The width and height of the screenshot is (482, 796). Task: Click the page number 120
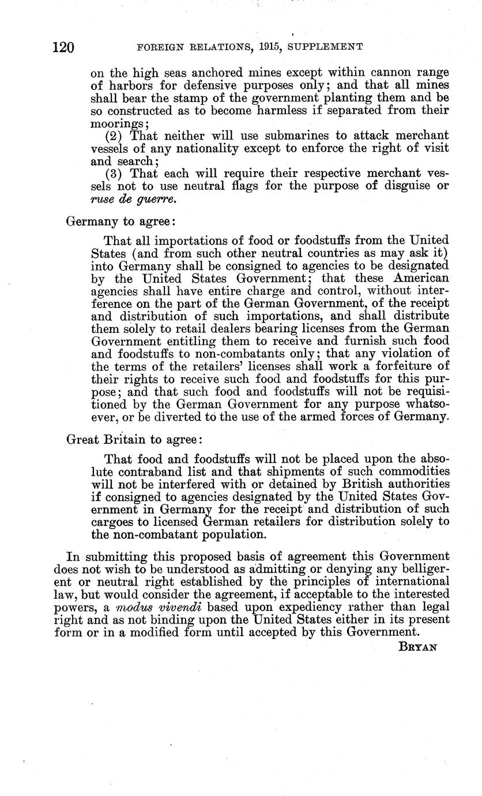[63, 47]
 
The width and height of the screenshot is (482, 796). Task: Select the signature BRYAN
[418, 647]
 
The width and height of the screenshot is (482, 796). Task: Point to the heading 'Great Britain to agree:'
[134, 440]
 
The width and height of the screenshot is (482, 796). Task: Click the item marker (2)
[115, 136]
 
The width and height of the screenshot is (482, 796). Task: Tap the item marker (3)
[115, 174]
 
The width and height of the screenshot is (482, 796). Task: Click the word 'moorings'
[116, 123]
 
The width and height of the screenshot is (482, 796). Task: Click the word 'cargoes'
[112, 522]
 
